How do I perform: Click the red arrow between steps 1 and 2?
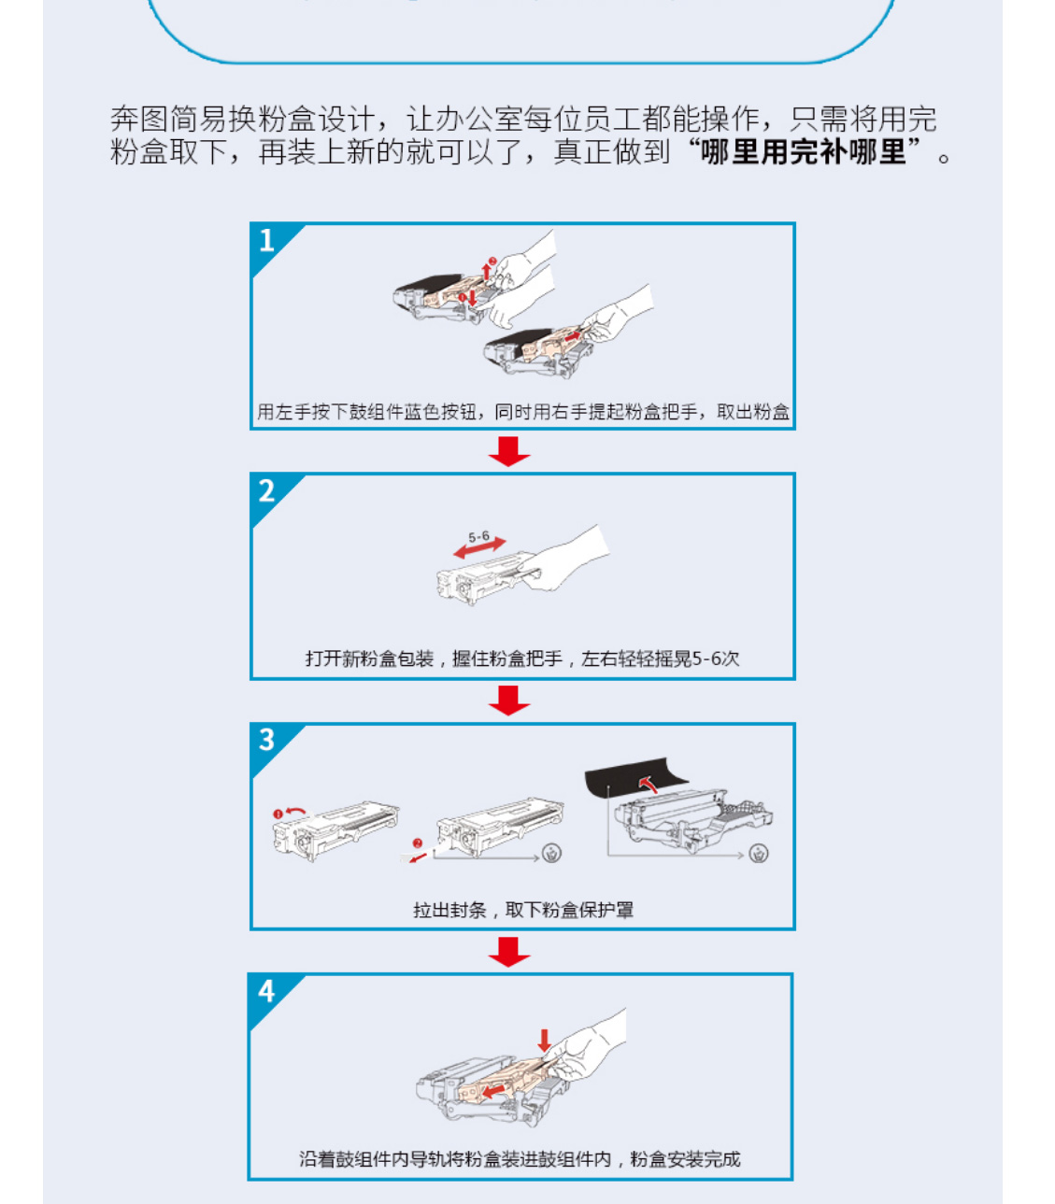click(509, 451)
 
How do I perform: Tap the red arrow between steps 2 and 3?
click(509, 701)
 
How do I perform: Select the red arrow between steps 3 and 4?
click(509, 952)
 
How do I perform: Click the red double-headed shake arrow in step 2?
click(479, 547)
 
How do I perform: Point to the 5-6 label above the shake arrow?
click(478, 536)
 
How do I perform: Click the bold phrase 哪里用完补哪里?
click(804, 152)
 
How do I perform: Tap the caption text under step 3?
click(522, 910)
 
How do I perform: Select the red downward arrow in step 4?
click(544, 1041)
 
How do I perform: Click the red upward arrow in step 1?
click(486, 271)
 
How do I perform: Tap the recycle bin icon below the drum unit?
click(758, 854)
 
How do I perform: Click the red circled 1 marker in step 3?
click(278, 814)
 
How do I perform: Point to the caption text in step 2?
click(522, 659)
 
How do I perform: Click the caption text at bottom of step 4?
click(520, 1159)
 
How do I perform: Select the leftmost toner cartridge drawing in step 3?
click(335, 830)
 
